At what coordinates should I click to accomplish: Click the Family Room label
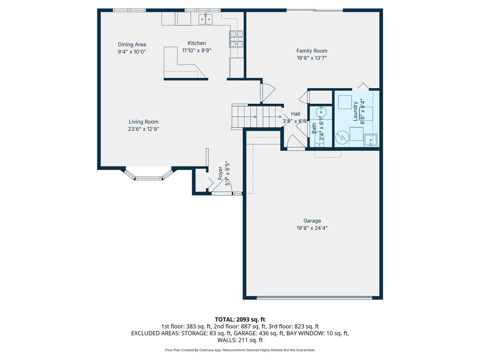click(312, 51)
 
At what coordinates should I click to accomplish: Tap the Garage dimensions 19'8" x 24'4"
click(312, 228)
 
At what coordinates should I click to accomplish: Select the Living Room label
click(144, 122)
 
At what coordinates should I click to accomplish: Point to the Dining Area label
click(132, 44)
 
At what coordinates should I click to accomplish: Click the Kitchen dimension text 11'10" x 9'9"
click(196, 50)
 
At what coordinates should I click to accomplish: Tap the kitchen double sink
click(206, 19)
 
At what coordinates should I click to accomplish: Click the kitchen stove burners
click(236, 39)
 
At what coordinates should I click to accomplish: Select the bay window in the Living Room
click(148, 174)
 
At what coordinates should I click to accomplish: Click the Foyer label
click(220, 173)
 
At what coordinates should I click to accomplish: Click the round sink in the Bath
click(321, 112)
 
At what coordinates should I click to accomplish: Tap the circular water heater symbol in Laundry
click(342, 137)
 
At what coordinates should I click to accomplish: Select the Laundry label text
click(355, 111)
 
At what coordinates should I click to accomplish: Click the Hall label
click(296, 114)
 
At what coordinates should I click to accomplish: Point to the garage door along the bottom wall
click(314, 298)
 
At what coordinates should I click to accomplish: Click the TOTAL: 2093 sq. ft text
click(240, 320)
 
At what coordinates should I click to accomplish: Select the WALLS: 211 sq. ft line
click(240, 340)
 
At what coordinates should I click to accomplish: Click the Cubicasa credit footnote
click(240, 350)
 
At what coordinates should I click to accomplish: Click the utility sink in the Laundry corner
click(371, 140)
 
